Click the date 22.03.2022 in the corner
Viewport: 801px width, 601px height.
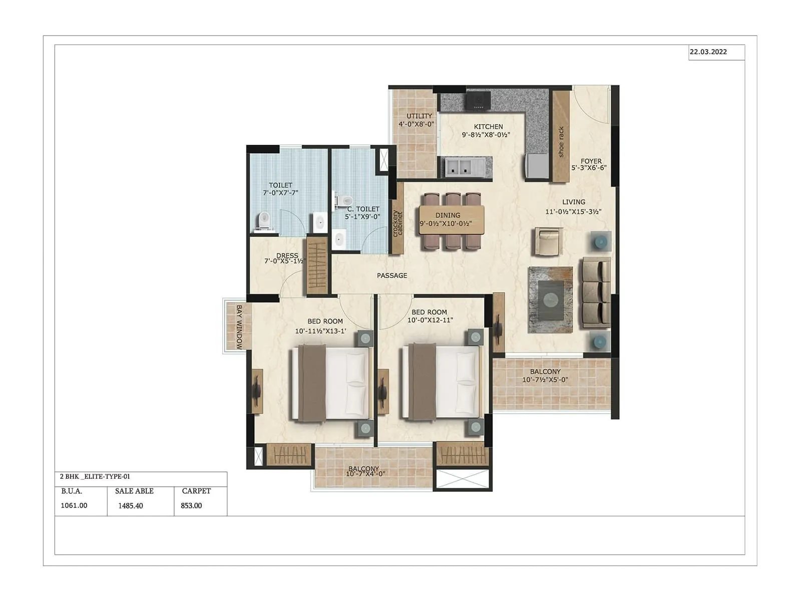pyautogui.click(x=708, y=52)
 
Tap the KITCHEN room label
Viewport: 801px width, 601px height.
pyautogui.click(x=488, y=127)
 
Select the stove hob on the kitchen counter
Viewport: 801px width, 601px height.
pyautogui.click(x=479, y=100)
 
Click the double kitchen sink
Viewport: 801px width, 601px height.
pyautogui.click(x=459, y=167)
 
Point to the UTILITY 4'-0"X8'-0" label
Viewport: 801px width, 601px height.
pyautogui.click(x=417, y=120)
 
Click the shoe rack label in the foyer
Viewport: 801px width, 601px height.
pyautogui.click(x=561, y=142)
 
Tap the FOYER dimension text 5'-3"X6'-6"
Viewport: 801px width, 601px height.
pyautogui.click(x=589, y=168)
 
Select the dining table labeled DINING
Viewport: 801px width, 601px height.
pyautogui.click(x=452, y=219)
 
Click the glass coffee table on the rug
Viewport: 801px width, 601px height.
pyautogui.click(x=550, y=299)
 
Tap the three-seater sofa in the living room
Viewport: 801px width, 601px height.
pyautogui.click(x=596, y=293)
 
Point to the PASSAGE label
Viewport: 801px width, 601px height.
pyautogui.click(x=392, y=276)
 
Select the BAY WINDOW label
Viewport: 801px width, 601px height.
pyautogui.click(x=239, y=327)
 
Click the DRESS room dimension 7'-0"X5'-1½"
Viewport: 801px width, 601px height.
pyautogui.click(x=285, y=261)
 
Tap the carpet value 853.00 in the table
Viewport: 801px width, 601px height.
pyautogui.click(x=191, y=506)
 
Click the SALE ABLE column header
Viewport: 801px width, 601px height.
pyautogui.click(x=134, y=491)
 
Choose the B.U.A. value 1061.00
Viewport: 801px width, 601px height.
pyautogui.click(x=74, y=506)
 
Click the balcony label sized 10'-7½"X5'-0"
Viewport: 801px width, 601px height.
pyautogui.click(x=545, y=380)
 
